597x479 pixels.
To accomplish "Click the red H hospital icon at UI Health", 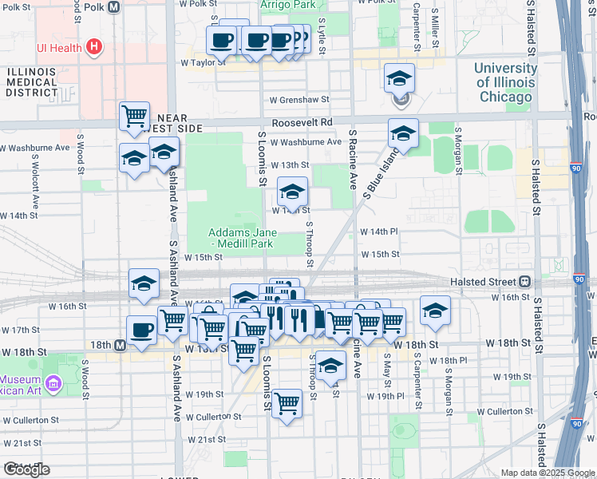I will pos(94,47).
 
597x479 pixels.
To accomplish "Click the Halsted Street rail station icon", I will pos(524,281).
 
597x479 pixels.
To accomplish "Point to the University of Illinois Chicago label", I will pos(504,82).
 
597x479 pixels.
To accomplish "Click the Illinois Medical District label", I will pos(32,81).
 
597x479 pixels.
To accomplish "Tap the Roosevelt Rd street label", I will pos(301,123).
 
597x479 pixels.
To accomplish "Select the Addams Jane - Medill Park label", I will pos(241,238).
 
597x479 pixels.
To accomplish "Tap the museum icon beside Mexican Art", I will pos(53,386).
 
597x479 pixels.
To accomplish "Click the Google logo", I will pos(26,469).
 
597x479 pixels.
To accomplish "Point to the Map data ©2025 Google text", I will pos(547,473).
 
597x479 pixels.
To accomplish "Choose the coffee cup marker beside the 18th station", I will pos(141,330).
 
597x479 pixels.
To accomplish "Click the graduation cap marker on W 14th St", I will pos(292,192).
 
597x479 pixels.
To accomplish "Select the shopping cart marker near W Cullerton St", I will pos(287,404).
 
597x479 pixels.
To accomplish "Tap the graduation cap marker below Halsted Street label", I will pos(435,311).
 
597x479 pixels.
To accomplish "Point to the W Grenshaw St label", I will pos(299,100).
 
